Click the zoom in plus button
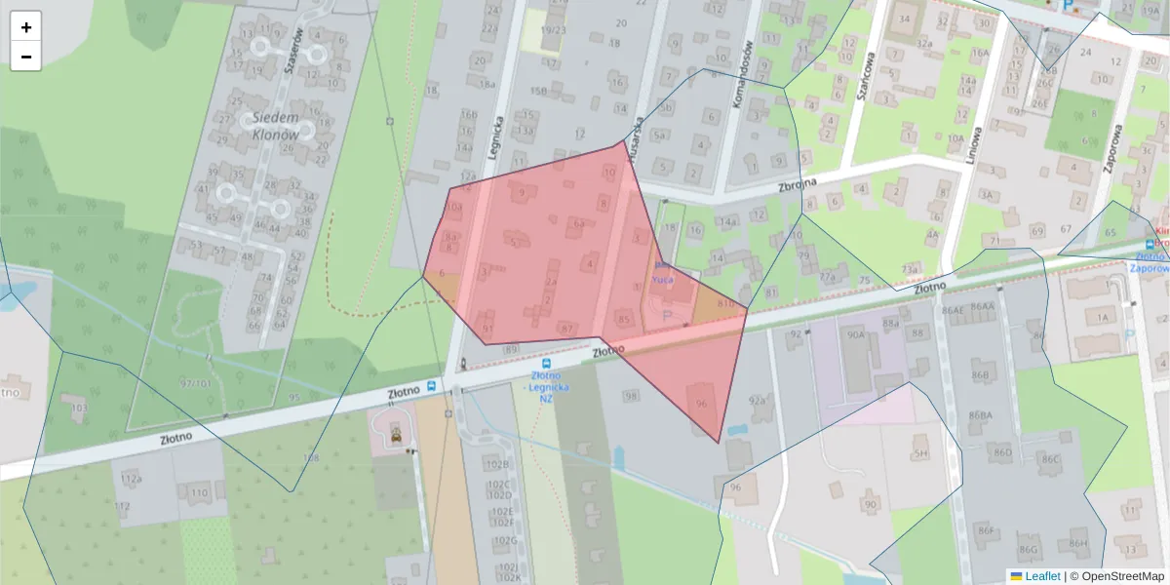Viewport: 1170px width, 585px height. pos(25,27)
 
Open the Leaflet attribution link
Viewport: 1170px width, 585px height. pos(1041,576)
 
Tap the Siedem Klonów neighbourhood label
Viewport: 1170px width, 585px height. pos(275,126)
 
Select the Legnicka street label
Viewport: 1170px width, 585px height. pos(496,137)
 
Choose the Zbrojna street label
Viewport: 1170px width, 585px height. pos(776,186)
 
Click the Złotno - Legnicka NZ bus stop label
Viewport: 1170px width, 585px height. pos(546,385)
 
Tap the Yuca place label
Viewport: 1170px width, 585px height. pos(663,279)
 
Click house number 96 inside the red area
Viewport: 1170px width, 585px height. pos(701,403)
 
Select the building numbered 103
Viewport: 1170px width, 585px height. pos(79,408)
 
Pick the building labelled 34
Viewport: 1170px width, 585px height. pos(905,19)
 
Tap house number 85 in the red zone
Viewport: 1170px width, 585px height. pos(624,319)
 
